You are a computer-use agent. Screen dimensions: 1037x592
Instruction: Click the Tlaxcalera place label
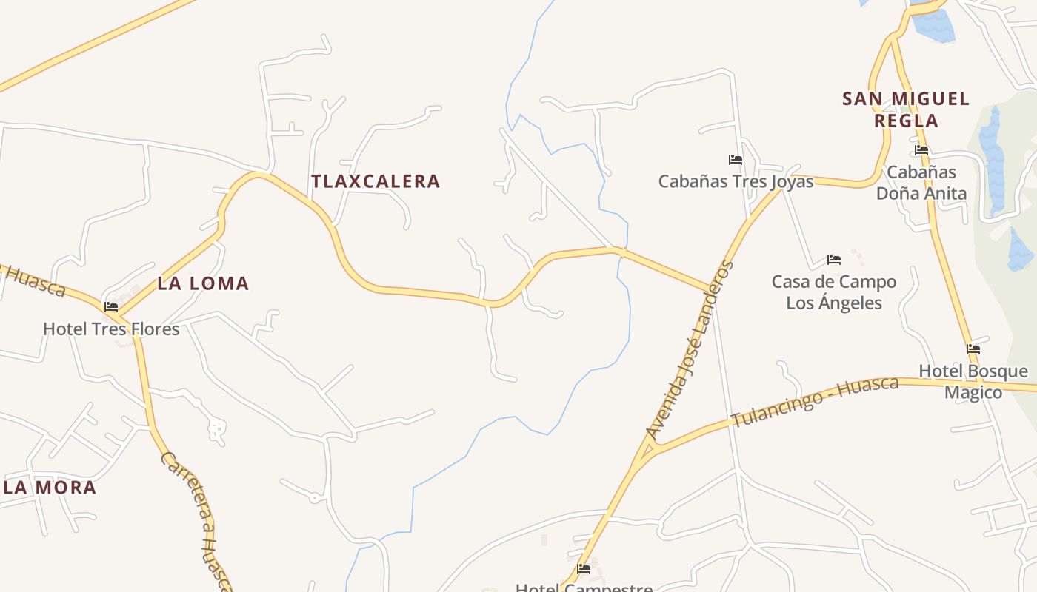376,181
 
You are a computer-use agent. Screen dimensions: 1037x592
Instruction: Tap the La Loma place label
203,283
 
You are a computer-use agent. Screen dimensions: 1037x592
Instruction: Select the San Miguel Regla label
906,110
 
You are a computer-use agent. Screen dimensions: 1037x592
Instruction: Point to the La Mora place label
50,488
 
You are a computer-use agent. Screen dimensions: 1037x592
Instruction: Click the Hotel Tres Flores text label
111,329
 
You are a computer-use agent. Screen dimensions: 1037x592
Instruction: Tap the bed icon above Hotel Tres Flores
111,306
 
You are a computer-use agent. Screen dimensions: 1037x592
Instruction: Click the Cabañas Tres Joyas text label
736,181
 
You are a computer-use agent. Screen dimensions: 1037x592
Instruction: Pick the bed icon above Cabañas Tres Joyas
735,159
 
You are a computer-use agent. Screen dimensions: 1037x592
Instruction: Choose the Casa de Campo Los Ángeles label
834,292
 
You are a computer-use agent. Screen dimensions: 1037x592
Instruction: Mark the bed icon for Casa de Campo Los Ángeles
834,260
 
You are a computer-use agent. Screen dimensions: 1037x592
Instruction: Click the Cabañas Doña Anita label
921,183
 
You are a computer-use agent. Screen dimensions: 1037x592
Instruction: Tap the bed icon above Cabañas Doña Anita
921,149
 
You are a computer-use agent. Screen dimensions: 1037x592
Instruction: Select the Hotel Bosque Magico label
973,381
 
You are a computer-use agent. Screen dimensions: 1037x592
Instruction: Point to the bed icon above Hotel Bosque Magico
973,349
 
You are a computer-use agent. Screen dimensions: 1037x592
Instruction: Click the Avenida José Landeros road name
690,350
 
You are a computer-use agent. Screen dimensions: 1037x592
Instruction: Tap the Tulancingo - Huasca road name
815,402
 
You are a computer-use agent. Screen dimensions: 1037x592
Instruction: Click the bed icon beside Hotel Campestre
584,569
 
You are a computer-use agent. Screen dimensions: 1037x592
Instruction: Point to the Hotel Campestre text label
584,588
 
